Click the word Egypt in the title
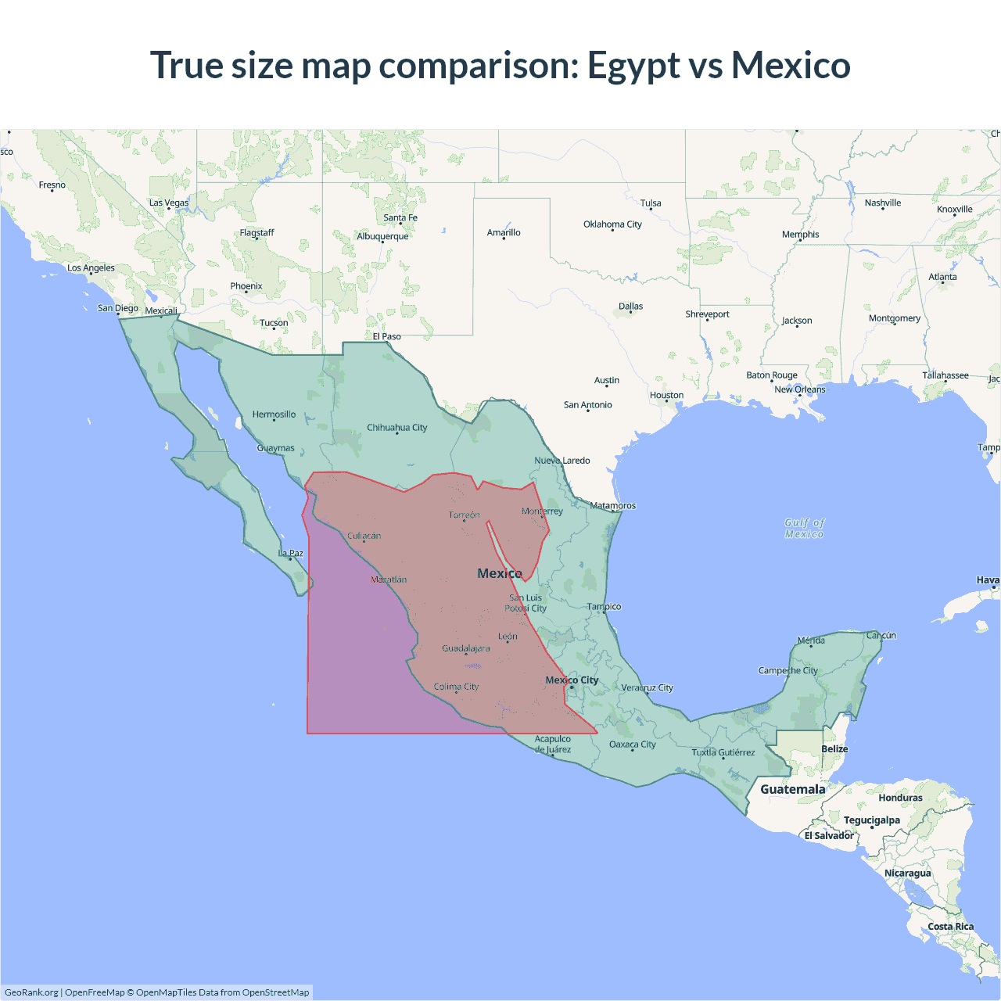coord(633,66)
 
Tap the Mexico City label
coord(572,680)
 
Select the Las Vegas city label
coord(169,203)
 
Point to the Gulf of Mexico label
coord(805,528)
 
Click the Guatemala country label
coord(792,789)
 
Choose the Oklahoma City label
coord(612,224)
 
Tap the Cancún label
coord(881,635)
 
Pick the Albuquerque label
coord(382,236)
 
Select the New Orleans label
coord(799,389)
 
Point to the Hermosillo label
coord(274,414)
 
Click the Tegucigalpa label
coord(871,820)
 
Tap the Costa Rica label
coord(950,927)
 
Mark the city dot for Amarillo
coord(504,238)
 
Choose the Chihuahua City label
coord(397,428)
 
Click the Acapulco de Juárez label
coord(553,744)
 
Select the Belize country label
coord(834,749)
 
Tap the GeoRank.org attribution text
coord(31,992)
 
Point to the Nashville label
coord(883,203)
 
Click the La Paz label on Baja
coord(291,554)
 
